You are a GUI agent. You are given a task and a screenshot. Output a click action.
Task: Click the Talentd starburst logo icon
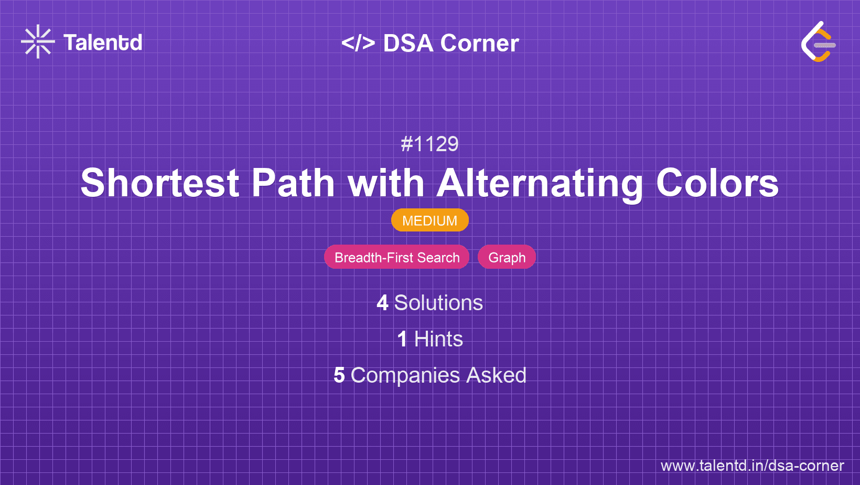point(38,41)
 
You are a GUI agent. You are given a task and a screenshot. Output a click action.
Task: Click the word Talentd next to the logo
point(103,43)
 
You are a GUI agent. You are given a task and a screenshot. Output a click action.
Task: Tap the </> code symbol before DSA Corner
point(358,43)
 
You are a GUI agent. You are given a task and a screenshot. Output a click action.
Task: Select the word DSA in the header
point(408,43)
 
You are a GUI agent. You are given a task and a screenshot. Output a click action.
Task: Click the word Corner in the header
point(479,43)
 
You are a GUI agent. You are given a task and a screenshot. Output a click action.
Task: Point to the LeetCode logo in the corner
point(818,42)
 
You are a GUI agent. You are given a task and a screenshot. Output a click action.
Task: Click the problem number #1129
point(429,144)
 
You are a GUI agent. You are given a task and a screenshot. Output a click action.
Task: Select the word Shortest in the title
point(160,183)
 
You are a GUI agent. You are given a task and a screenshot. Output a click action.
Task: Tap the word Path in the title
point(293,183)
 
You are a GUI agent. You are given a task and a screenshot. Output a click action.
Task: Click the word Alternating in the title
point(540,183)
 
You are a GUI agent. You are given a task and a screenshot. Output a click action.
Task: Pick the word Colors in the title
point(717,183)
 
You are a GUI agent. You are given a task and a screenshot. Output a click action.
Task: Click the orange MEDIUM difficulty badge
point(429,220)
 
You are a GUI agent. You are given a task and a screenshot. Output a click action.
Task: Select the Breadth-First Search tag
point(396,257)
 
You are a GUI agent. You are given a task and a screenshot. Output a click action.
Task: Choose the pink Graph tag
point(507,257)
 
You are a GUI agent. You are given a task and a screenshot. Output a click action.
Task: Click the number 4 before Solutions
point(382,303)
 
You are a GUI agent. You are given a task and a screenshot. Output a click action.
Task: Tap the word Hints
point(438,339)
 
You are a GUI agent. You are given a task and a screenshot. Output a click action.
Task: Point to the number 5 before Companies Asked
point(339,375)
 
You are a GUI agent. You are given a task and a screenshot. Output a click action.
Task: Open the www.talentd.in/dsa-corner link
point(752,466)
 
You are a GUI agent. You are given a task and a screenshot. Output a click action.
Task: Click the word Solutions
point(438,303)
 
